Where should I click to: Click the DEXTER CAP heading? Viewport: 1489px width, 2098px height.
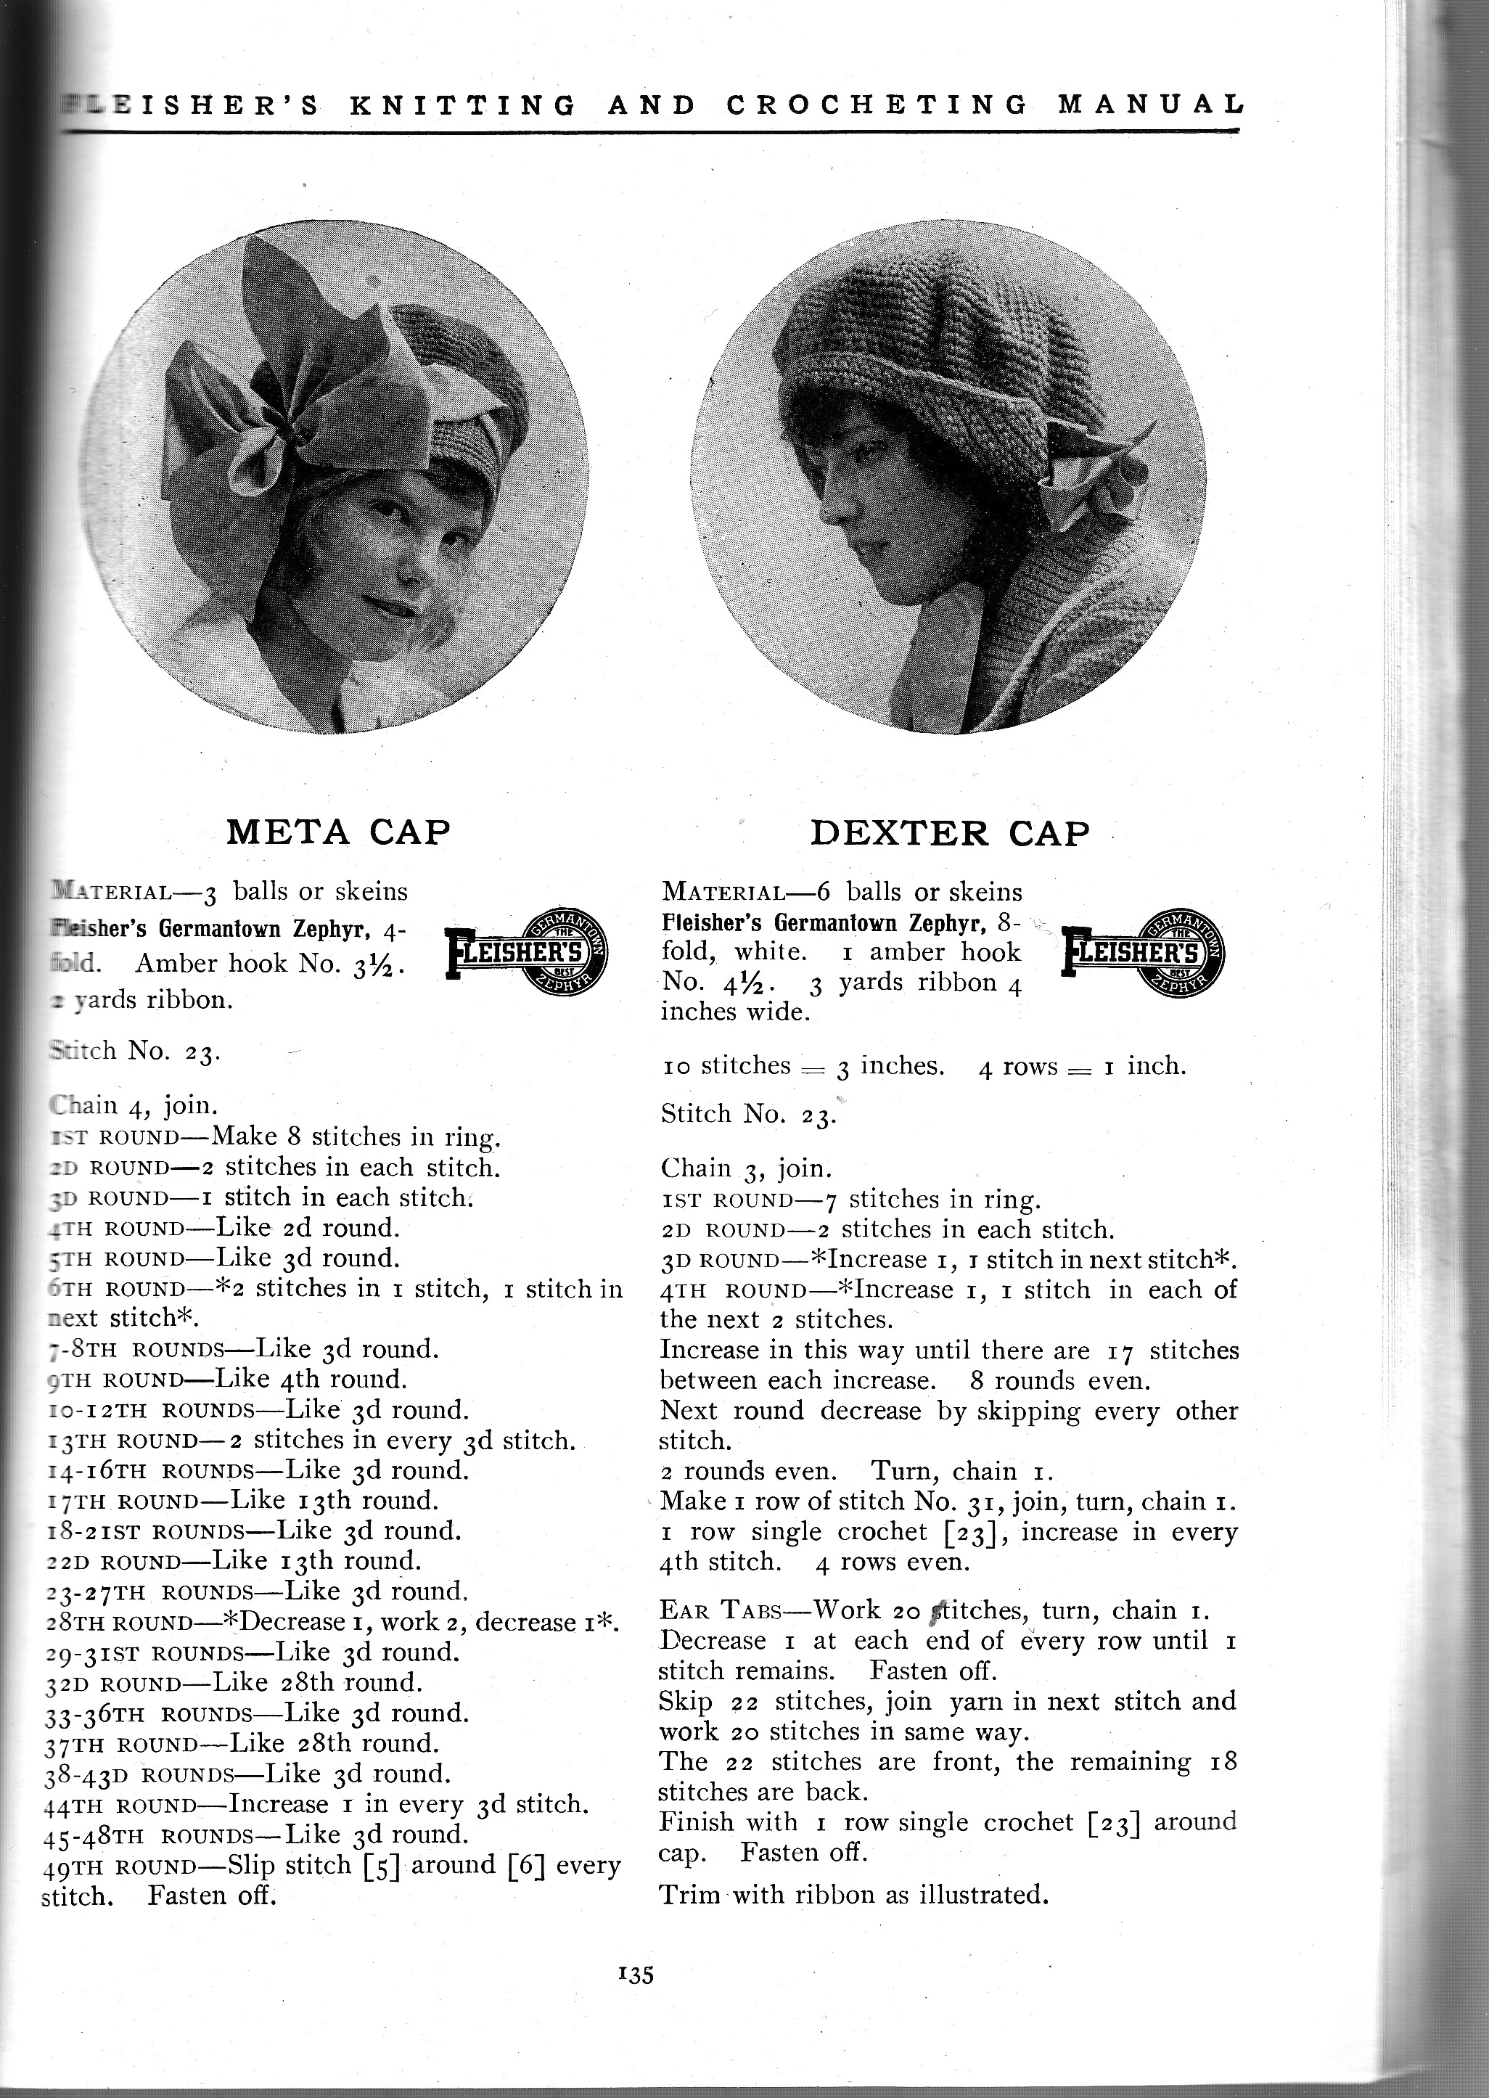tap(951, 832)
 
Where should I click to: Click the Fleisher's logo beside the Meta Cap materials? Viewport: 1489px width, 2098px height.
tap(528, 957)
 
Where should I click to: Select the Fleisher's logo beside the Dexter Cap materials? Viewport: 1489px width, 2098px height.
tap(1142, 957)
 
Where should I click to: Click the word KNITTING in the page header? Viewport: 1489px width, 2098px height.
tap(463, 105)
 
